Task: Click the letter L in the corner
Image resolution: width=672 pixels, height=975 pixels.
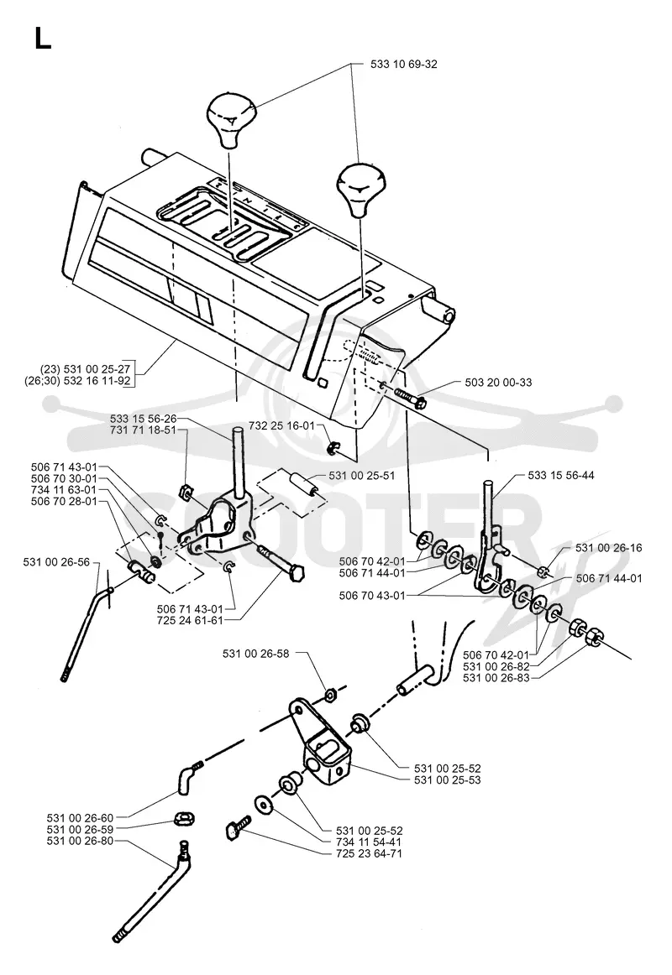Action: coord(43,39)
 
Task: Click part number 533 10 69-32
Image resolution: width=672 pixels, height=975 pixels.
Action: coord(404,64)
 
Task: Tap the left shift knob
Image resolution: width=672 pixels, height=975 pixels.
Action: coord(231,120)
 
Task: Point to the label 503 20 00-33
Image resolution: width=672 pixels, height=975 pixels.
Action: coord(498,383)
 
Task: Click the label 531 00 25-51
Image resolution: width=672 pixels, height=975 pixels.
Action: coord(362,476)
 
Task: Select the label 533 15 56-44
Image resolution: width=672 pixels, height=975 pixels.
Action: coord(560,475)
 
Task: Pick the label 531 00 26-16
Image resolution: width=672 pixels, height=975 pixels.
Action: coord(608,548)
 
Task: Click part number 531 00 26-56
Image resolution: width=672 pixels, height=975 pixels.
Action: coord(56,562)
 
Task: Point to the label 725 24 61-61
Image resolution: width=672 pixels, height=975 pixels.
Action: coord(190,620)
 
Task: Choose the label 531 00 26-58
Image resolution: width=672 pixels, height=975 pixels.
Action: coord(255,654)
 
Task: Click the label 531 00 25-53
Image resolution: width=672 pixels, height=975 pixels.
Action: coord(448,779)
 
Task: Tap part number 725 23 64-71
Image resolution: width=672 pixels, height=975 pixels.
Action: coord(369,853)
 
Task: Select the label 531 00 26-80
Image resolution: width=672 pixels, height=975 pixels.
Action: coord(81,841)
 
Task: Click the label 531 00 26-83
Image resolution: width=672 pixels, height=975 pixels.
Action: coord(496,678)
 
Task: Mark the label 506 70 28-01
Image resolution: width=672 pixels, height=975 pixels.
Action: coord(64,501)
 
